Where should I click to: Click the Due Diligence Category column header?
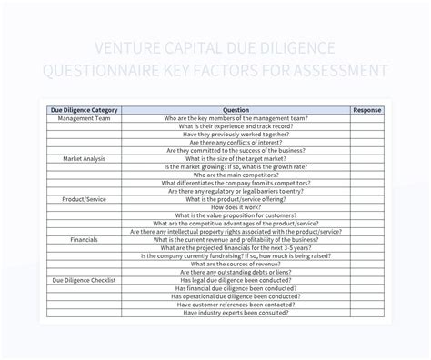point(84,109)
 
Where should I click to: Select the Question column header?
point(236,109)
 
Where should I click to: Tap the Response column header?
point(367,109)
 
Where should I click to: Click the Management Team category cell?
point(84,118)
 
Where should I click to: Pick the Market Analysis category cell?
point(84,158)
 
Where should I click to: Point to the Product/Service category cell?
point(84,199)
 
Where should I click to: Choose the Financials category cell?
point(84,239)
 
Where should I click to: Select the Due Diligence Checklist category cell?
point(84,280)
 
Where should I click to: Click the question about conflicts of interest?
point(236,143)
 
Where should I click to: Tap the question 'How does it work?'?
point(236,207)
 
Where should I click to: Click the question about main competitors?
point(236,175)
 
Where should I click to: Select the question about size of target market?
point(236,158)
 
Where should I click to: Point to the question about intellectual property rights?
point(236,231)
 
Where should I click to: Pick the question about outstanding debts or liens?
point(236,272)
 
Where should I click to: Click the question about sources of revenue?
point(236,264)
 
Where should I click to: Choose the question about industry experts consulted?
point(236,312)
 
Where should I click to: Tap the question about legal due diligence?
point(236,280)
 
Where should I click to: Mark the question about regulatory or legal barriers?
point(236,191)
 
